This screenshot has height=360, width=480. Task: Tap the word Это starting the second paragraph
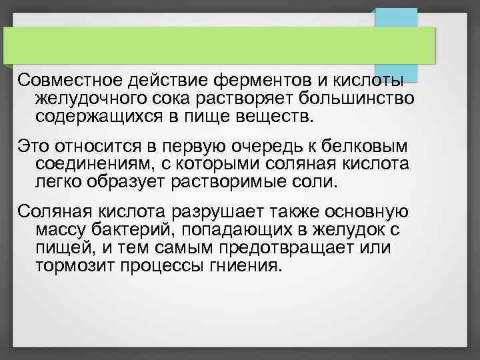click(x=33, y=146)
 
